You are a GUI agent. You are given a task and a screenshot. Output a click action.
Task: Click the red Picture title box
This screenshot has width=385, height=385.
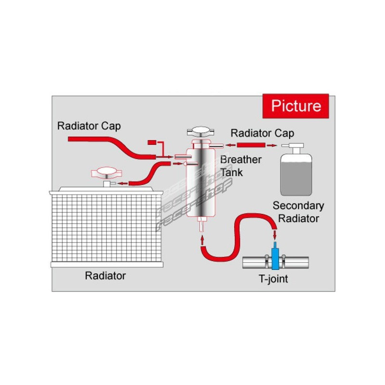coord(295,105)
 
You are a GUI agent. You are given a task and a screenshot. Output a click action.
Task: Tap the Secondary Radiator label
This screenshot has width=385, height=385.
coord(298,212)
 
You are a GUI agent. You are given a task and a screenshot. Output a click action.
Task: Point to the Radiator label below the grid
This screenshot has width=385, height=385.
coord(105,276)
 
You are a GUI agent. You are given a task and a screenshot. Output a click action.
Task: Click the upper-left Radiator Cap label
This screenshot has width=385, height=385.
coord(89,126)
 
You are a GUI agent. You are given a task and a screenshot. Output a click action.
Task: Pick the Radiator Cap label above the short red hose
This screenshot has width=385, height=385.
coord(262,133)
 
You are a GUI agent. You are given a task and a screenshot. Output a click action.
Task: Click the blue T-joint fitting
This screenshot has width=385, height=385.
coord(275,257)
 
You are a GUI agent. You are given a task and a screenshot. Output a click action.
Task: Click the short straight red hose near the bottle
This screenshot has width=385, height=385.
coord(251,144)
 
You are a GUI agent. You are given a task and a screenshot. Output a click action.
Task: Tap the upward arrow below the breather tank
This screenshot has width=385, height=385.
coord(201,238)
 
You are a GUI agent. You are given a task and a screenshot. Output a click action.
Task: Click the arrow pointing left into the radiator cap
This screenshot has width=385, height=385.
coord(123,183)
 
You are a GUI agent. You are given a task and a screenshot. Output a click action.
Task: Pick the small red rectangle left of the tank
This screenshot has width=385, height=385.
coord(152,141)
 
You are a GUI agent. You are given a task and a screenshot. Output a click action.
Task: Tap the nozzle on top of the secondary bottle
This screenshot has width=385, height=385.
coord(292,145)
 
